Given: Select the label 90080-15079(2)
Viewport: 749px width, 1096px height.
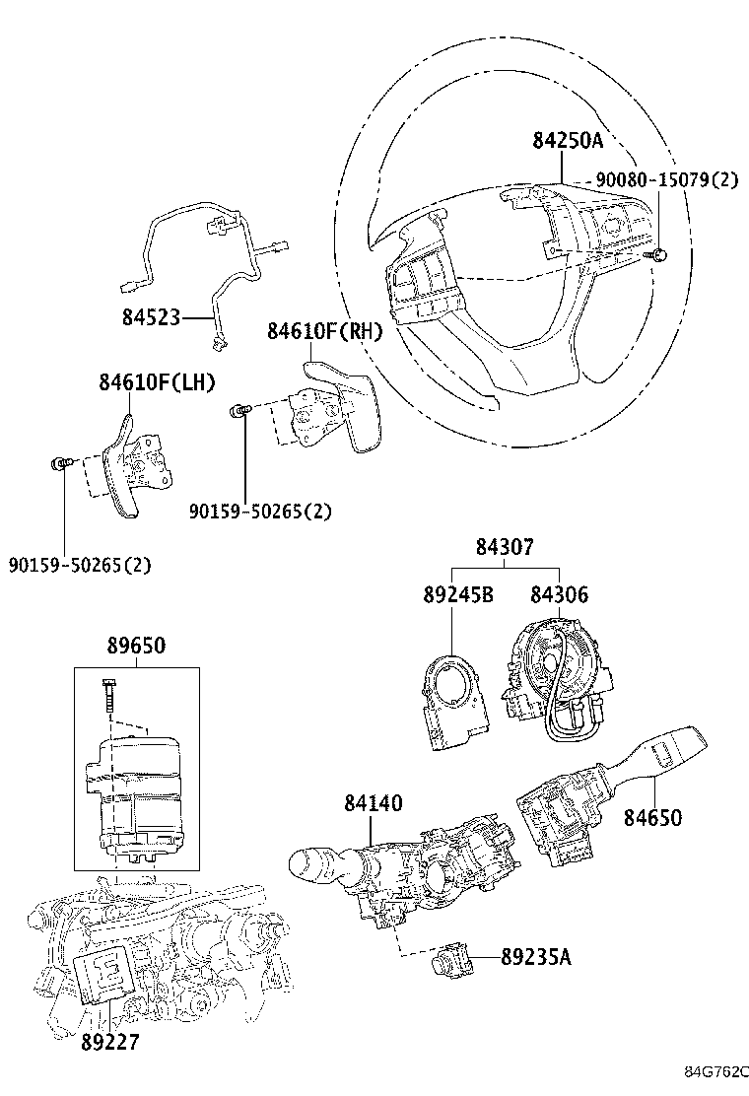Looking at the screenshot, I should click(666, 180).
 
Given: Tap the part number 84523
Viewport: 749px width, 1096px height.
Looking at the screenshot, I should click(151, 317).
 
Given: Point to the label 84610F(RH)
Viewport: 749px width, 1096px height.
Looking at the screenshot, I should click(324, 332).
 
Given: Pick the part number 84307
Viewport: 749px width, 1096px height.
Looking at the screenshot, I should click(506, 547).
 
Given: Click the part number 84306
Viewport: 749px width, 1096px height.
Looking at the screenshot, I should click(559, 594).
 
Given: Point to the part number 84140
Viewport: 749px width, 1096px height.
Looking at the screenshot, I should click(373, 804).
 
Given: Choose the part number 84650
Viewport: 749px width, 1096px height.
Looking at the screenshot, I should click(651, 818).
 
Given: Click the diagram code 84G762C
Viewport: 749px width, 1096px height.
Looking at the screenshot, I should click(716, 1071).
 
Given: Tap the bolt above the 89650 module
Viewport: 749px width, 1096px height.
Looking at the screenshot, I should click(107, 699).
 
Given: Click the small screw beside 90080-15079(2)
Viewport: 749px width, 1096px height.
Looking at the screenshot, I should click(655, 256).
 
